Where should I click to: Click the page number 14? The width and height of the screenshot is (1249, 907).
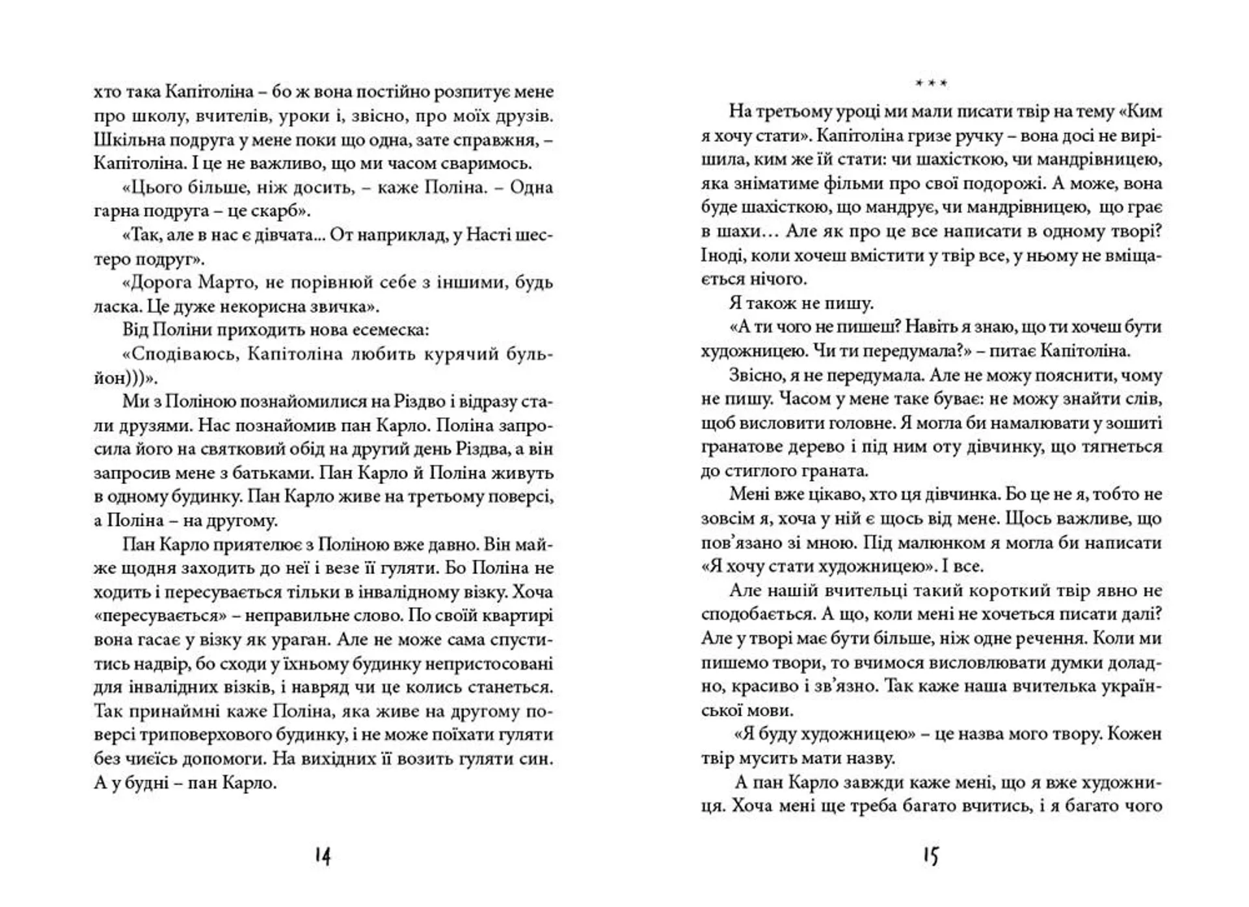coord(323,856)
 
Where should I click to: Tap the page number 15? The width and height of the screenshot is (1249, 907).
coord(931,856)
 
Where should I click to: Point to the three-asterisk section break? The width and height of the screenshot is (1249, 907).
coord(931,84)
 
